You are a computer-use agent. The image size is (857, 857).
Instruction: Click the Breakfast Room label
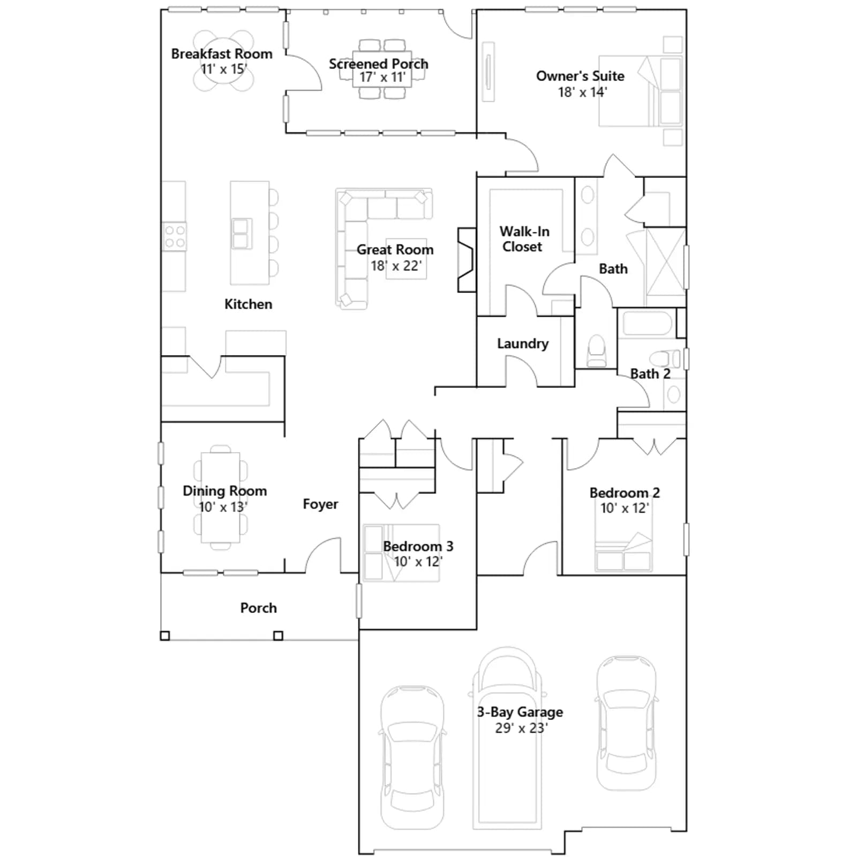coord(222,54)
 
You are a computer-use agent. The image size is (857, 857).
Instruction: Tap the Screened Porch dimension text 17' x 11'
coord(382,77)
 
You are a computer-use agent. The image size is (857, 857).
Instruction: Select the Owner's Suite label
coord(580,76)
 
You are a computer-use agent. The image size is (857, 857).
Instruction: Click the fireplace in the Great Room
coord(467,260)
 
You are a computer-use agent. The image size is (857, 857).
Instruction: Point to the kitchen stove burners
coord(174,236)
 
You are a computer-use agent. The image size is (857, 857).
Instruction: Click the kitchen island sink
coord(241,234)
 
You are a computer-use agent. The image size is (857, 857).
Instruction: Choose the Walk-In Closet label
coord(524,239)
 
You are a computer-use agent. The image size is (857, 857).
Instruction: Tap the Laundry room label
coord(523,344)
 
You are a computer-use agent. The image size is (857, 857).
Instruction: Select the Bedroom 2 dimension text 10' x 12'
coord(625,508)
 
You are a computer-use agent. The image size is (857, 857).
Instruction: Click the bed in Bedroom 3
coord(401,553)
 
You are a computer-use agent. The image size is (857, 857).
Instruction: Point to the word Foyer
coord(320,504)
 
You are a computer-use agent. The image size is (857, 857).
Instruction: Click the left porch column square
coord(165,636)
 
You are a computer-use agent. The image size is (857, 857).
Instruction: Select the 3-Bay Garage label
coord(520,712)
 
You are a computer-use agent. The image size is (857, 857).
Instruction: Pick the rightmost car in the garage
coord(626,723)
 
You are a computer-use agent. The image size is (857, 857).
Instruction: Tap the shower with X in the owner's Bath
coord(666,261)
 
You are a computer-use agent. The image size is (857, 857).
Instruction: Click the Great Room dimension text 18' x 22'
coord(396,266)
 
